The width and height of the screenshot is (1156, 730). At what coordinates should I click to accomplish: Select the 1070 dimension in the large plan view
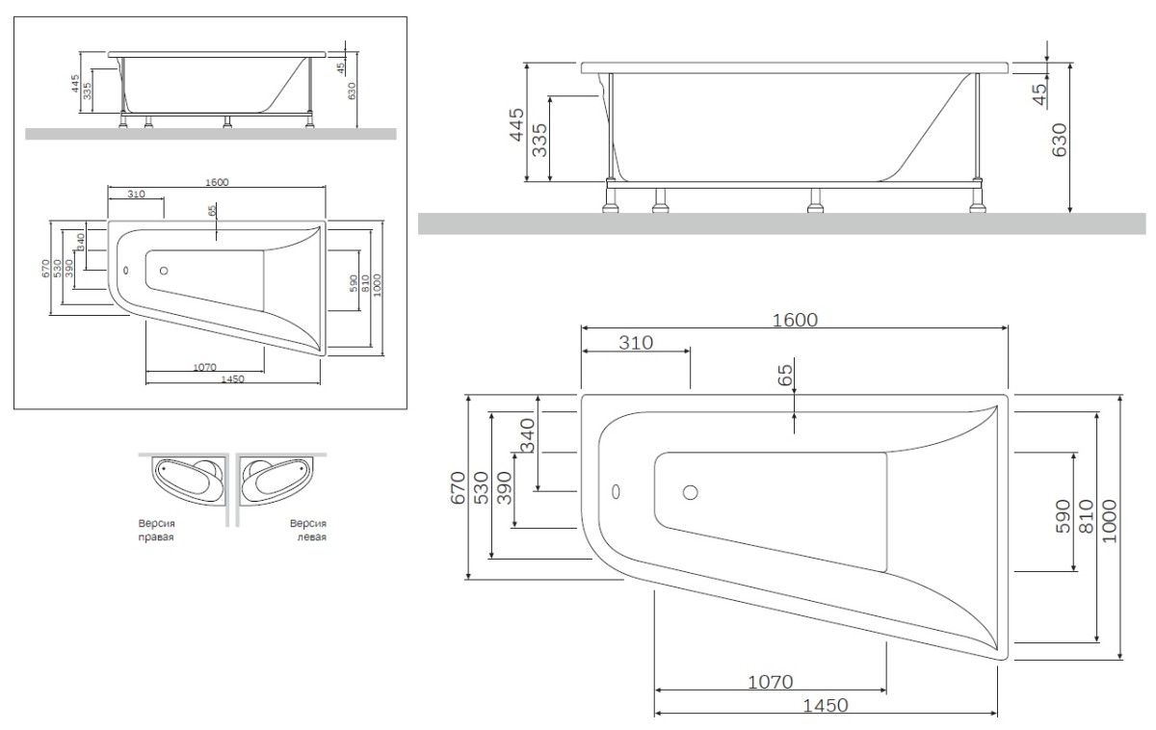coord(770,682)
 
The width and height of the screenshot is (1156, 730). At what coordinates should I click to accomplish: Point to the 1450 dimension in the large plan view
coord(825,705)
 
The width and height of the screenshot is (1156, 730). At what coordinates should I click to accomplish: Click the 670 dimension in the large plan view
coord(458,488)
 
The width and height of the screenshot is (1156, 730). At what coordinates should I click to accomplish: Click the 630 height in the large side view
coord(1061,141)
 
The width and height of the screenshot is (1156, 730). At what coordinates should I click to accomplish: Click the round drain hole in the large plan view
coord(690,492)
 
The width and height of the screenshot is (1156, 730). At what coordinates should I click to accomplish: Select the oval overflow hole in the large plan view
coord(617,491)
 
